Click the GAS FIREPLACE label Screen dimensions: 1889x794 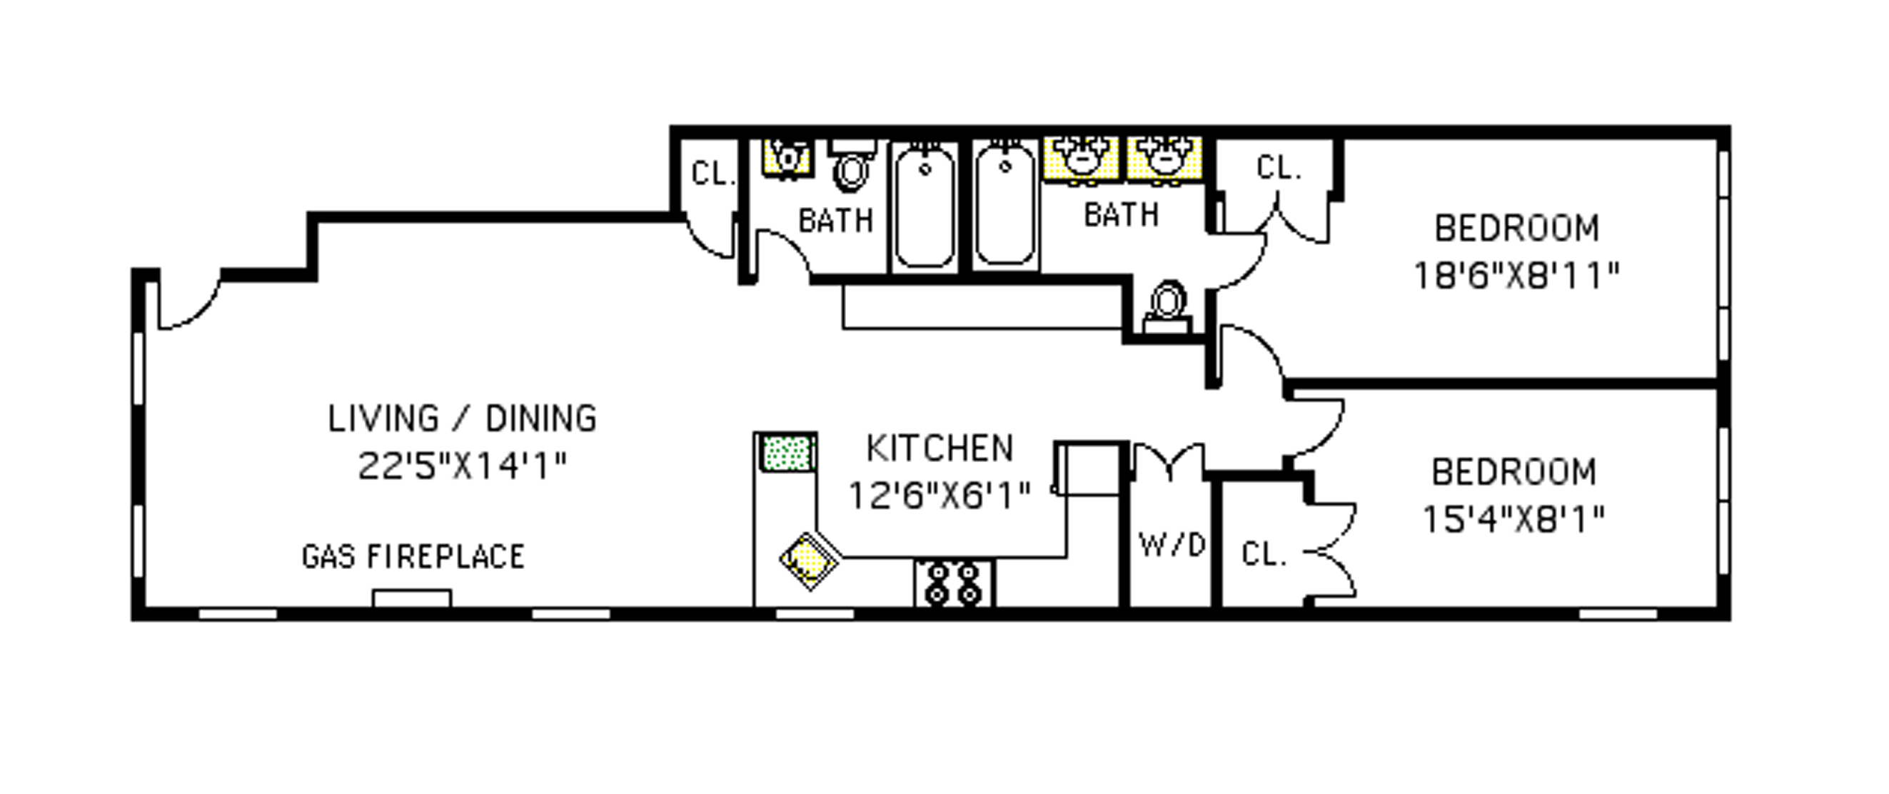coord(413,557)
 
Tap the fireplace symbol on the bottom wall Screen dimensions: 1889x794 coord(411,598)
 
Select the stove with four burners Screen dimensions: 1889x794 coord(953,583)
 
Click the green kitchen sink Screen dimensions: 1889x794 coord(787,453)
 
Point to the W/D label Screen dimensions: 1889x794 coord(1171,545)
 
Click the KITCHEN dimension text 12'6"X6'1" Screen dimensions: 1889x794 coord(940,496)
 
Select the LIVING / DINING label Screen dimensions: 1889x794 coord(462,418)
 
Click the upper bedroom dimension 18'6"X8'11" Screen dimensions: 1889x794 coord(1516,276)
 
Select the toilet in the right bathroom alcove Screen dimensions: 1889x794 coord(1167,306)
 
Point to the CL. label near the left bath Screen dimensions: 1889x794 coord(712,174)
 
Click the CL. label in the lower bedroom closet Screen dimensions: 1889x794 coord(1264,554)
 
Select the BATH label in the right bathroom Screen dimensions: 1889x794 coord(1122,215)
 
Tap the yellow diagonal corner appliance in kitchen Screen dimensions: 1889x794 coord(809,561)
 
